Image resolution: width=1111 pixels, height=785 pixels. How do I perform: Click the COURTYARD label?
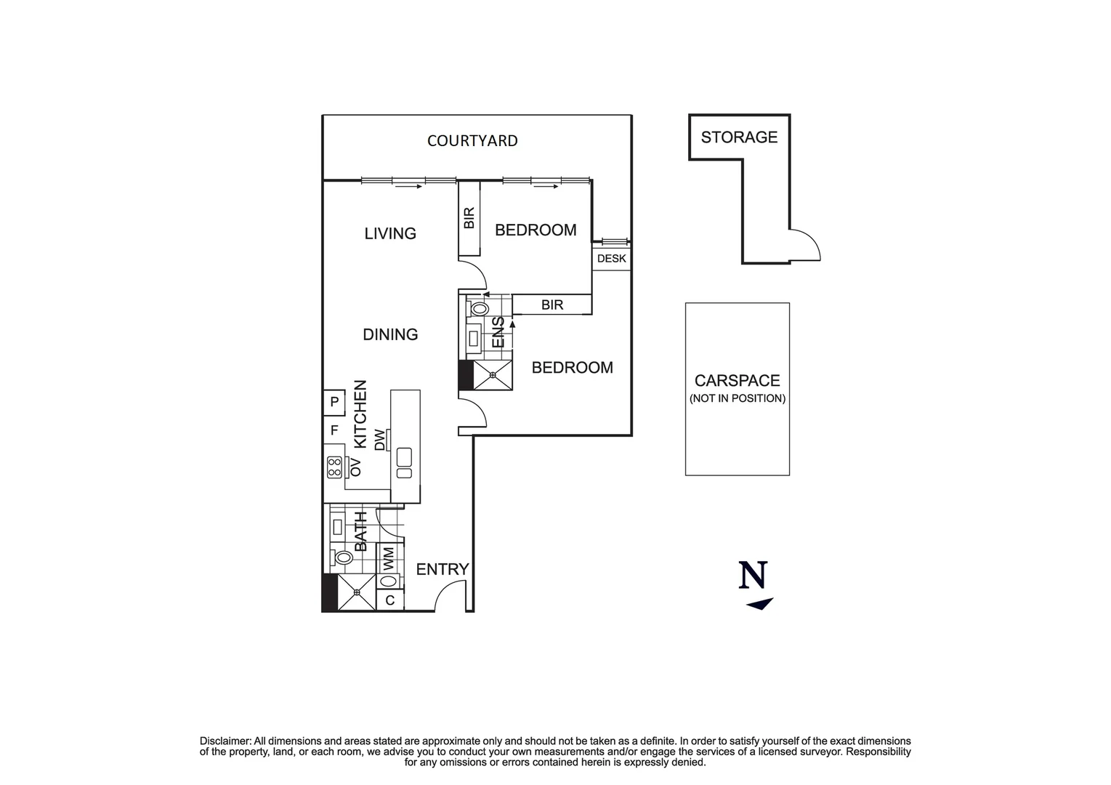472,141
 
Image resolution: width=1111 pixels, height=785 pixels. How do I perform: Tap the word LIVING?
390,233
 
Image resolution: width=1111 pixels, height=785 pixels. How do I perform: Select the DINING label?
390,334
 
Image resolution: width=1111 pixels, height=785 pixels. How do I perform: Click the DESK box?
611,259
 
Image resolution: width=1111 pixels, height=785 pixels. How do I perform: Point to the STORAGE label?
739,137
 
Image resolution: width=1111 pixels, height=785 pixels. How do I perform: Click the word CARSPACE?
737,381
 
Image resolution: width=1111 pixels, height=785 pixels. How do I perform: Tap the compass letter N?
753,576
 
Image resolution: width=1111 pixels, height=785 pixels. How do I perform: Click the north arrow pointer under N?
759,604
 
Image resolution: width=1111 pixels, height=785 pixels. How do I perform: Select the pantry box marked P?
334,401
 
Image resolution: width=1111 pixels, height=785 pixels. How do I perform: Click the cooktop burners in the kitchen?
334,467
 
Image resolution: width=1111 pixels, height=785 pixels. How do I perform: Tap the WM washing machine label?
389,558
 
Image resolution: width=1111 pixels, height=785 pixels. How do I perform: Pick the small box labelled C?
390,600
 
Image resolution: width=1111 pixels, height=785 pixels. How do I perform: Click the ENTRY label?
442,570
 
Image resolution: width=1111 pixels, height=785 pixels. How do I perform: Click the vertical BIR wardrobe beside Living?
469,218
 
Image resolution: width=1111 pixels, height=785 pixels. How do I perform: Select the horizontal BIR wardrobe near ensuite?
552,305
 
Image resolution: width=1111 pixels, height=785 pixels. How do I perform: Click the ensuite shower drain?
493,375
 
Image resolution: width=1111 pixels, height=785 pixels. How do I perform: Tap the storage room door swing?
805,246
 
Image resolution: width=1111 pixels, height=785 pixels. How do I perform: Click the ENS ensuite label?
498,332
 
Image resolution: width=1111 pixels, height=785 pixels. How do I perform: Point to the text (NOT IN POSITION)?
737,398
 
